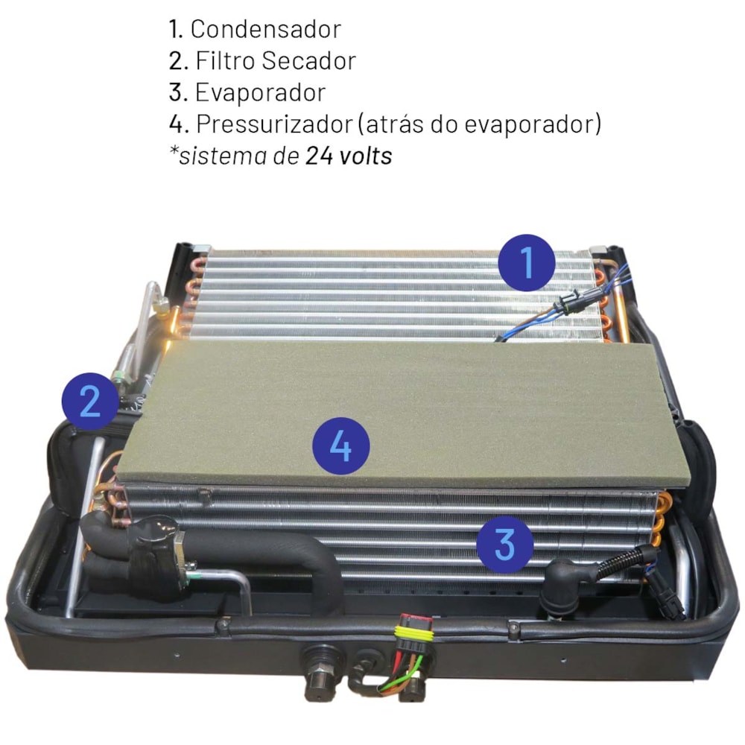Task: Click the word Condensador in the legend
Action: [x=266, y=30]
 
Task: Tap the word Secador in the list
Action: [x=308, y=61]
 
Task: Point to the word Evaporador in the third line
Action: [x=260, y=92]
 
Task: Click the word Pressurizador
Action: [x=274, y=124]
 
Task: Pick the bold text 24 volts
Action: [x=349, y=156]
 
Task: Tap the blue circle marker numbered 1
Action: [x=527, y=262]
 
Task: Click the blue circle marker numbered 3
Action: [x=504, y=543]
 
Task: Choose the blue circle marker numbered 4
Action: [x=340, y=446]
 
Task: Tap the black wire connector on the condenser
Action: [x=577, y=300]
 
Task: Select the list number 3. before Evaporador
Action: [x=179, y=92]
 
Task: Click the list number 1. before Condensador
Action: [x=177, y=30]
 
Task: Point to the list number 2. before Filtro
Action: [x=179, y=61]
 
